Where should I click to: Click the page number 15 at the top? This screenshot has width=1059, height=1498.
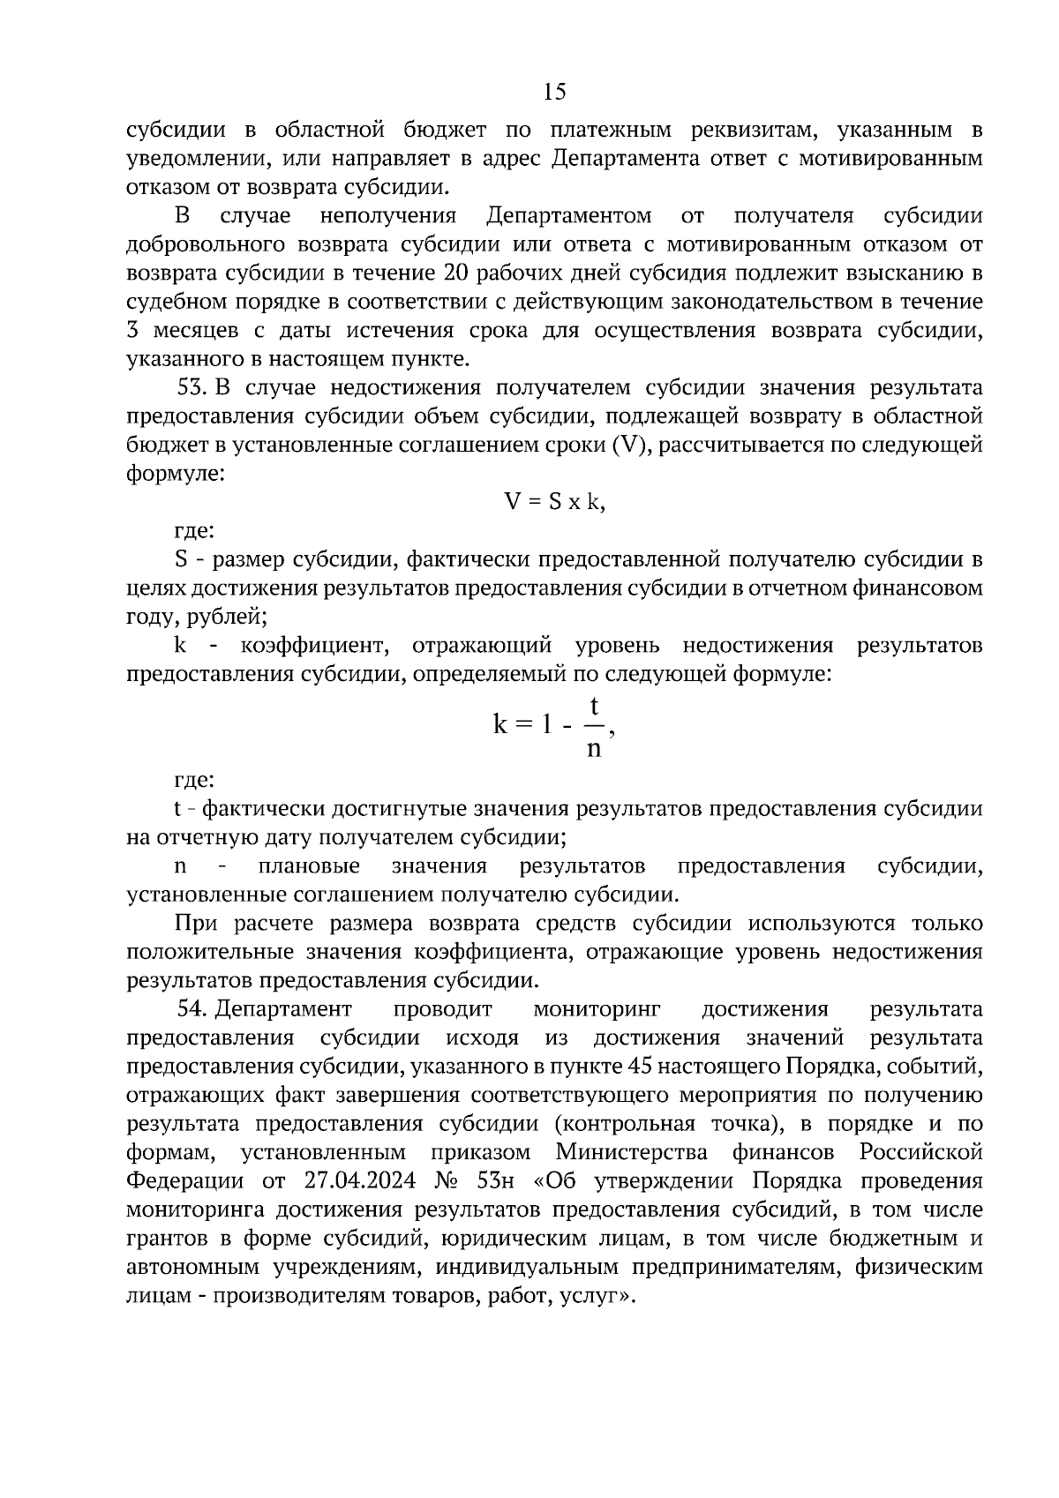(x=555, y=92)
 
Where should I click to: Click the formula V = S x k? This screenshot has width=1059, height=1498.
(x=554, y=502)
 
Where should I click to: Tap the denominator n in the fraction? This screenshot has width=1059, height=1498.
(x=594, y=749)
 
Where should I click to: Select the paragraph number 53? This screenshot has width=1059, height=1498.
(x=192, y=387)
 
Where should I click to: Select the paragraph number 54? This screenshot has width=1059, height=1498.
(x=192, y=1008)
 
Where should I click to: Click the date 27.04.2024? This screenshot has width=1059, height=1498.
(x=357, y=1181)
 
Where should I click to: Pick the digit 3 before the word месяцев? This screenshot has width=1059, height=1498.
(x=133, y=331)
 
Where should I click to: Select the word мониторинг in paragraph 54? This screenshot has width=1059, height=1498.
(x=597, y=1008)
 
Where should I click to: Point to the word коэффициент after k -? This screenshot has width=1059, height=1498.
(x=313, y=646)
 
